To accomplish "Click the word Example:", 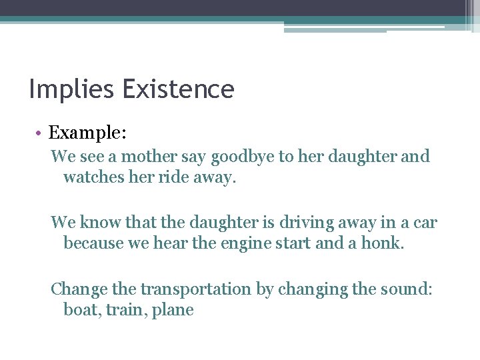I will point(87,133).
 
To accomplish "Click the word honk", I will point(382,243).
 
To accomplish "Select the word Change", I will point(76,289).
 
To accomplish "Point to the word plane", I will point(172,311).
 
